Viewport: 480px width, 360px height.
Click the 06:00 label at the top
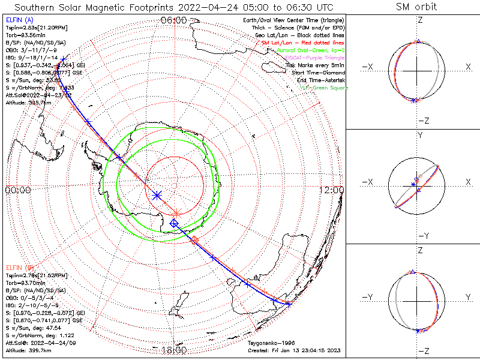pos(173,20)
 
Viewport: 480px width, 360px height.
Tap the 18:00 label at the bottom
pos(173,350)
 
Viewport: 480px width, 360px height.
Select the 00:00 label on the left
pos(17,190)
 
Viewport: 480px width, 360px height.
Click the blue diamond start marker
pos(174,223)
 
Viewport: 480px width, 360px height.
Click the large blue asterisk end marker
pos(157,195)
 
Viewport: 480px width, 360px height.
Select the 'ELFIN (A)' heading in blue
pos(19,20)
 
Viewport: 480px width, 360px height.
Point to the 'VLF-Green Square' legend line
pos(323,88)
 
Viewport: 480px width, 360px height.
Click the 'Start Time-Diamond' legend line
pos(320,73)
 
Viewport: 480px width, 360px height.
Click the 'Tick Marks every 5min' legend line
pos(316,65)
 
